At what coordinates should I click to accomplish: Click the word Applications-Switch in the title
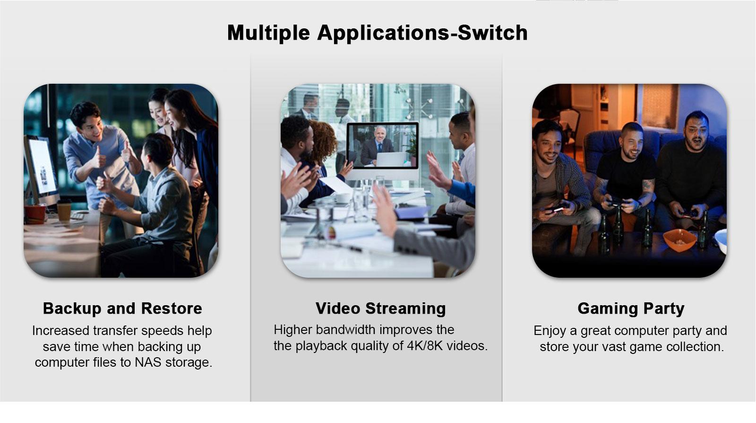point(422,33)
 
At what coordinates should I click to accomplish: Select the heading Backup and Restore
point(122,308)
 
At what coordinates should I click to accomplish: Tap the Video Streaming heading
point(381,308)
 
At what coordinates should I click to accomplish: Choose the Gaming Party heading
point(631,308)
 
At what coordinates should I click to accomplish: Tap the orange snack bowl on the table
point(680,239)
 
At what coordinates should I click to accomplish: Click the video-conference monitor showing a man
point(382,146)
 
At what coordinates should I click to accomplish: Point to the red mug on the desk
point(34,214)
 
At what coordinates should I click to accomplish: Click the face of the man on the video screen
point(380,133)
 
